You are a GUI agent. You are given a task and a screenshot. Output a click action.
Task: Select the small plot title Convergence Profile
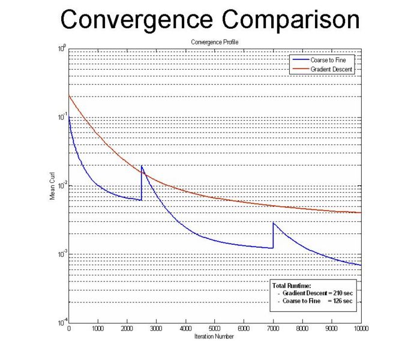pos(214,42)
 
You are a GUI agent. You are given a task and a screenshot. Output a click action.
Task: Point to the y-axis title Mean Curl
pos(52,188)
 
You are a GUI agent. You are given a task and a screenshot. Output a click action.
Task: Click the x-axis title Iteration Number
pos(214,337)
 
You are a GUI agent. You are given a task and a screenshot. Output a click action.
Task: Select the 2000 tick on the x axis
pos(127,329)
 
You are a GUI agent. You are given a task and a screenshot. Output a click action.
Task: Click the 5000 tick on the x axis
pos(215,329)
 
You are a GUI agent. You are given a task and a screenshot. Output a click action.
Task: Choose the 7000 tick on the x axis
pos(273,329)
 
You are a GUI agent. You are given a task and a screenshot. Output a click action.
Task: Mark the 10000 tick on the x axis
pos(360,329)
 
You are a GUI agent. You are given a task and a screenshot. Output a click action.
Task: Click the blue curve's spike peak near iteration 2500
pos(142,166)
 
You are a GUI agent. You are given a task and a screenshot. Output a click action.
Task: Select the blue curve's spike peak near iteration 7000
pos(273,223)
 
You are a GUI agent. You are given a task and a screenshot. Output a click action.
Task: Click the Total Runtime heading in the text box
pos(292,285)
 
